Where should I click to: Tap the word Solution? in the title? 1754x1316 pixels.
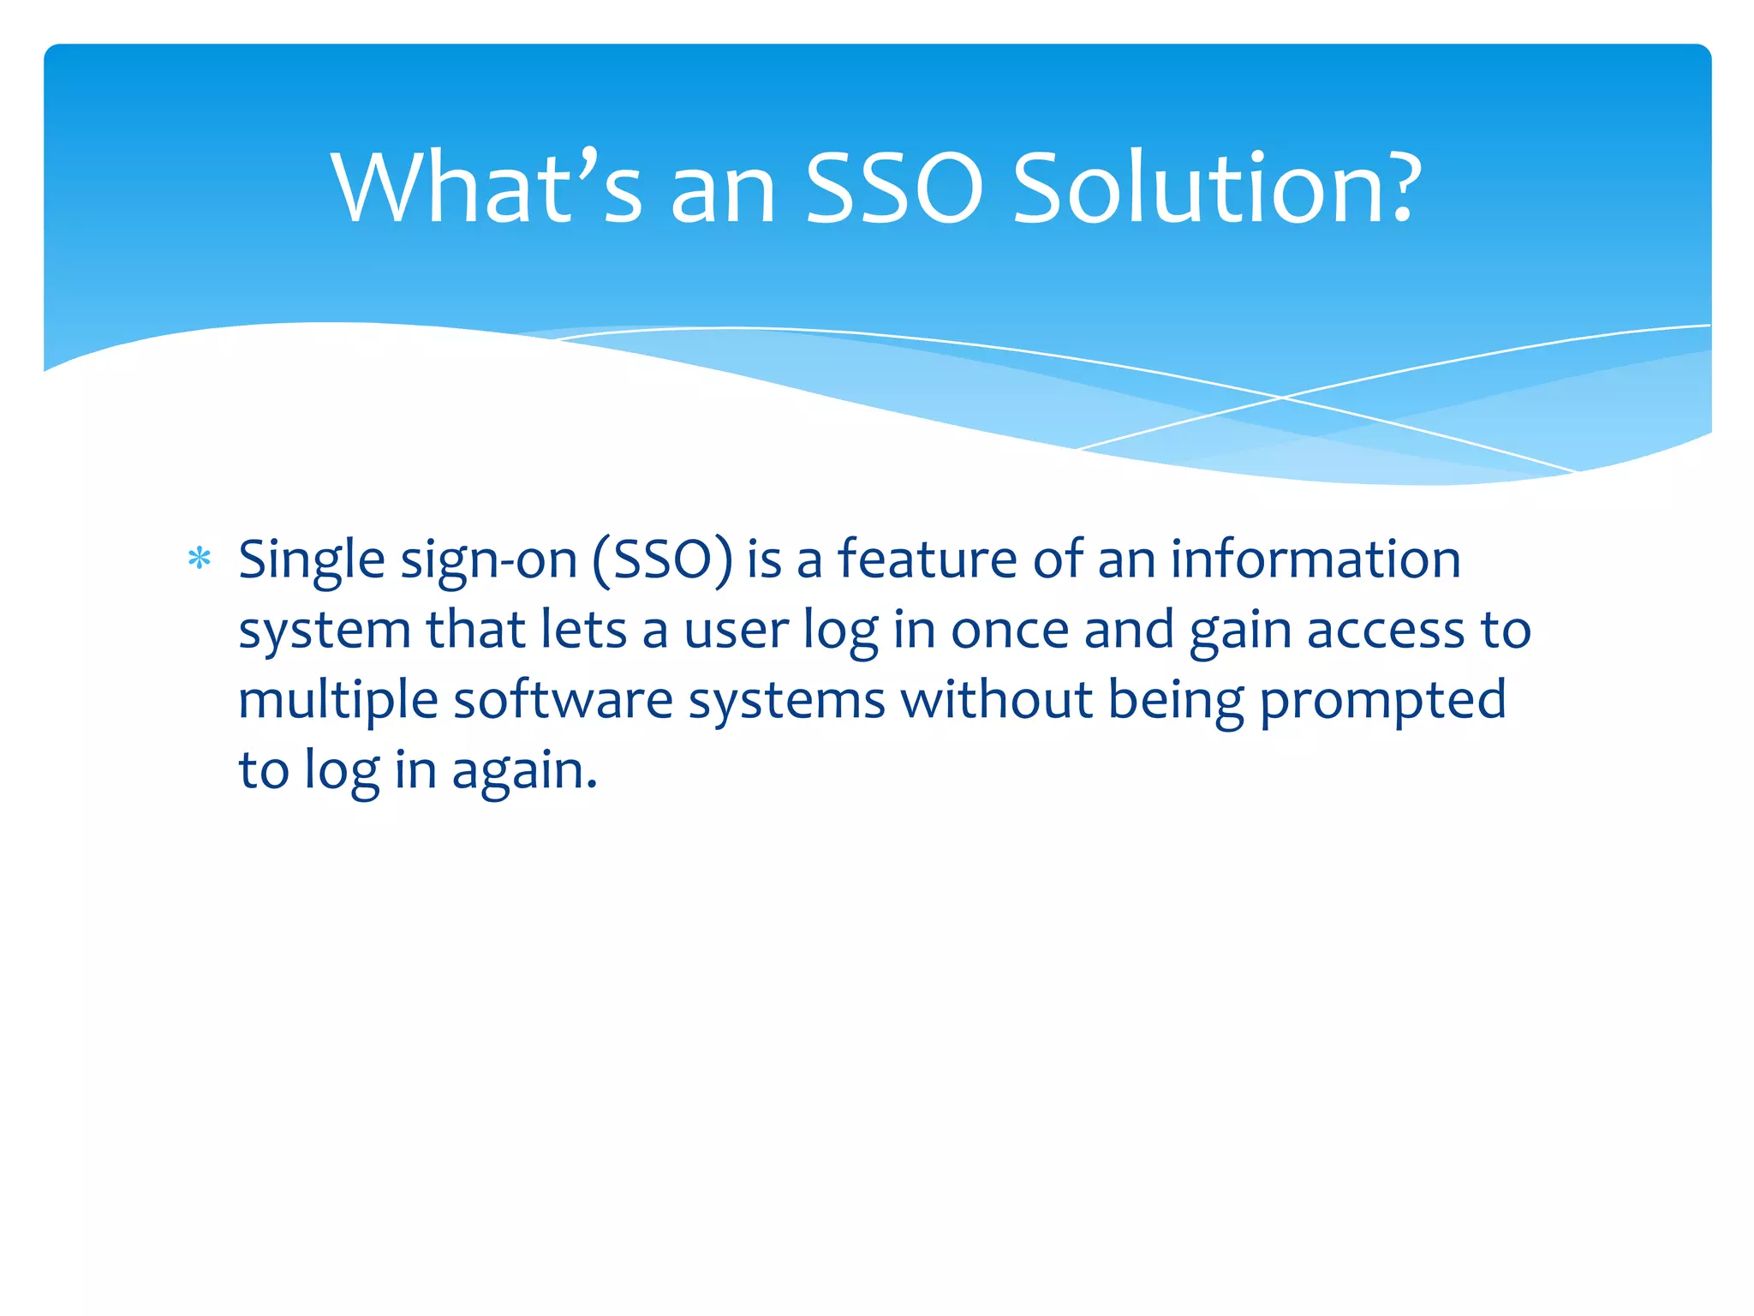(1216, 188)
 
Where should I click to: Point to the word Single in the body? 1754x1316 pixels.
(311, 561)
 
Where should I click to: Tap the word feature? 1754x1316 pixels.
(928, 559)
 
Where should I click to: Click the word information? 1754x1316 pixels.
(1315, 559)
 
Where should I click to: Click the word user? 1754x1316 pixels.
(736, 631)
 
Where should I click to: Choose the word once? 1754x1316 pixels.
(1010, 631)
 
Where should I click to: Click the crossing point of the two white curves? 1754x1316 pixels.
(1282, 398)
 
